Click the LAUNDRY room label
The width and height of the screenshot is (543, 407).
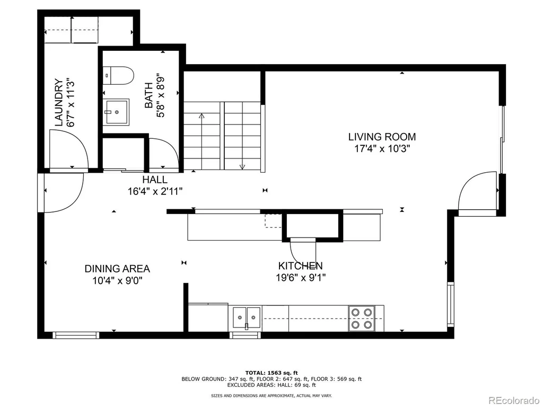(59, 103)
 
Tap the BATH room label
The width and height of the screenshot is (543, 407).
(149, 95)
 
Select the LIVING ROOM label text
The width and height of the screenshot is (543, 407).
(382, 137)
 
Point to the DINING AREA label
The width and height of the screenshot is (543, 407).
(117, 269)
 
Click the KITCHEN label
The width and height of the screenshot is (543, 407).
(301, 266)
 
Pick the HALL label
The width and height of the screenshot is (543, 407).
(155, 180)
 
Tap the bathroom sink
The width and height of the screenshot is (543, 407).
(117, 111)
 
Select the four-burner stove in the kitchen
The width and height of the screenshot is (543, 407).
(362, 318)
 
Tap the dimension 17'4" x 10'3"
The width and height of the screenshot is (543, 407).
(382, 149)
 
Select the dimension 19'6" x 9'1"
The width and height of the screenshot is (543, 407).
(301, 278)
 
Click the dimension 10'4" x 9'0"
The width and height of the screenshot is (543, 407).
(117, 280)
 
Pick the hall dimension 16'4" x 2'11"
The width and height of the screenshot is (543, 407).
(155, 191)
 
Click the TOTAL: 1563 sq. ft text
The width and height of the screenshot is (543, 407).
(271, 373)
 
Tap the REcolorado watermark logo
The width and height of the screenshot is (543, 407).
(514, 400)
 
